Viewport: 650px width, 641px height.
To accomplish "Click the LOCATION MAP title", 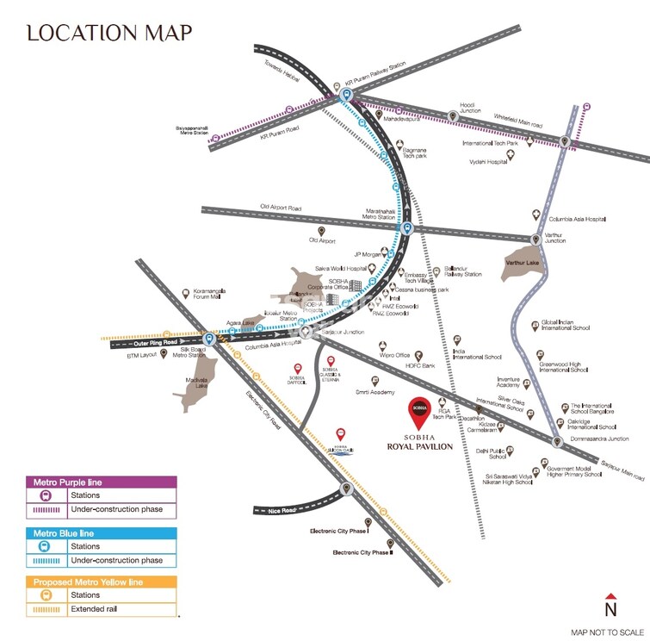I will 109,33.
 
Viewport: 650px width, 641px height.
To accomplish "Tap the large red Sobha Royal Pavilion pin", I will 418,410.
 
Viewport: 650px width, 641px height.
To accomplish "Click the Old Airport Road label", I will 281,208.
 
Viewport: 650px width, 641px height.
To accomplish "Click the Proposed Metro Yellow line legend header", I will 102,582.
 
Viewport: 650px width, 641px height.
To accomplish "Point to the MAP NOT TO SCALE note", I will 608,632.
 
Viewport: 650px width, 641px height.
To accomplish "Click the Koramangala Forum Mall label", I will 209,294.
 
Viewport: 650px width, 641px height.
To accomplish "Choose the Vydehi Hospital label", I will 487,161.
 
